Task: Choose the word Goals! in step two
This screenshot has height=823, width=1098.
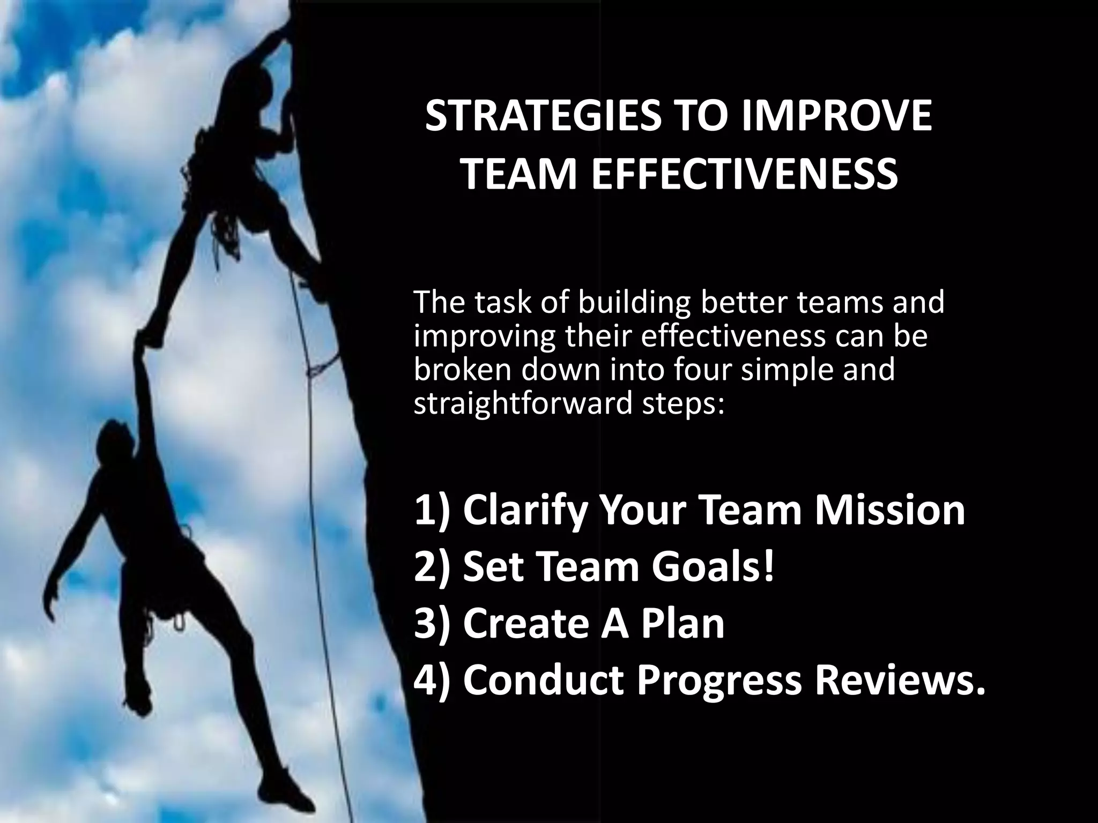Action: (713, 567)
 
